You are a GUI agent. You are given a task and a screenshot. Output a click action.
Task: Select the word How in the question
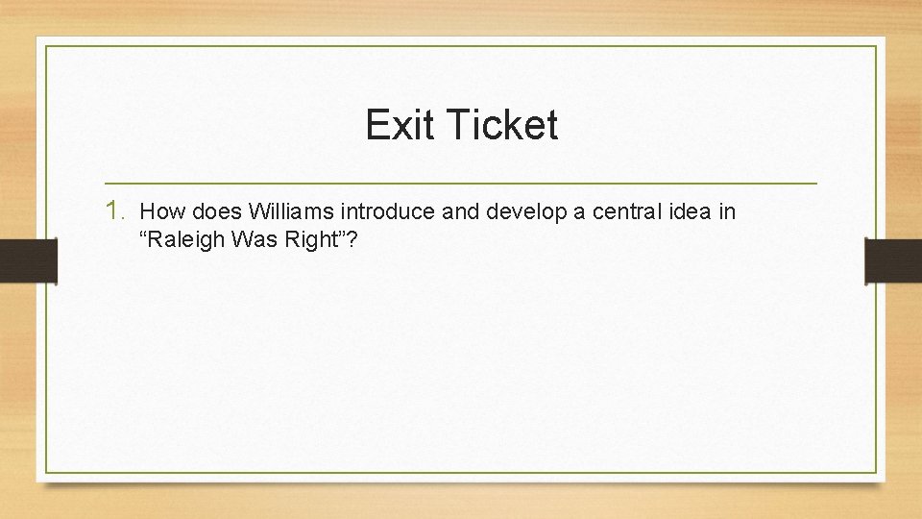(x=158, y=211)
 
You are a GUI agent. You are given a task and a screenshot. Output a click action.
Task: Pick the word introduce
(x=387, y=211)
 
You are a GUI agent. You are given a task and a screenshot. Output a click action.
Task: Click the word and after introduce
(x=461, y=211)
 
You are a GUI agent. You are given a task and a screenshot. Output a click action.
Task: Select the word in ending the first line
(x=726, y=211)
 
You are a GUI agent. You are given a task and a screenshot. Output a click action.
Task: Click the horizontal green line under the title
(x=461, y=183)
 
